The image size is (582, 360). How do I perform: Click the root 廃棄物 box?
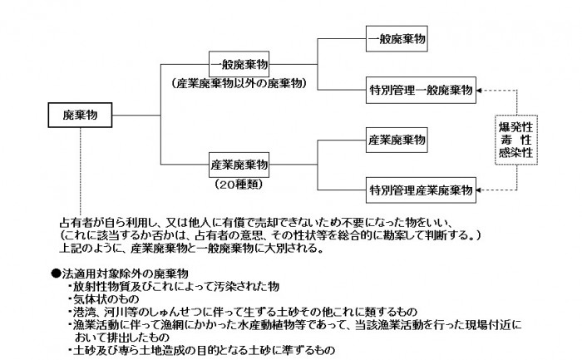click(80, 116)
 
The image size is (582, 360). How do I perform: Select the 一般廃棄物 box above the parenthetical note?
click(239, 64)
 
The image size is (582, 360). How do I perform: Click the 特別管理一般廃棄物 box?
click(421, 88)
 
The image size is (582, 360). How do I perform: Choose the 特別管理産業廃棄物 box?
click(421, 186)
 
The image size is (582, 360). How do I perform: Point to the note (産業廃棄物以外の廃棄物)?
click(239, 85)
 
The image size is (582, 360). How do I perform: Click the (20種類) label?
click(239, 182)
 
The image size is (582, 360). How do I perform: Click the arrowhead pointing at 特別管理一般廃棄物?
click(480, 88)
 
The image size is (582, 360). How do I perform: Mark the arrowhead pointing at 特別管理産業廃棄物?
click(480, 186)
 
